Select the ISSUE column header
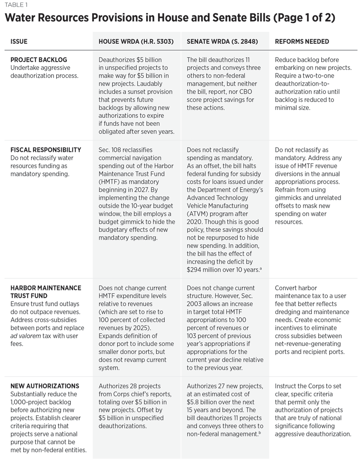19,41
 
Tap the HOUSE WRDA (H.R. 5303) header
136,41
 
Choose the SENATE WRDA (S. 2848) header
222,41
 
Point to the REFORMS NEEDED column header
302,41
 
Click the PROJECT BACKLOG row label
39,60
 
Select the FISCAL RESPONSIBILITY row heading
46,150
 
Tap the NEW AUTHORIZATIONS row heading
45,386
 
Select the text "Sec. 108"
112,150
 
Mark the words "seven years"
156,132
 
